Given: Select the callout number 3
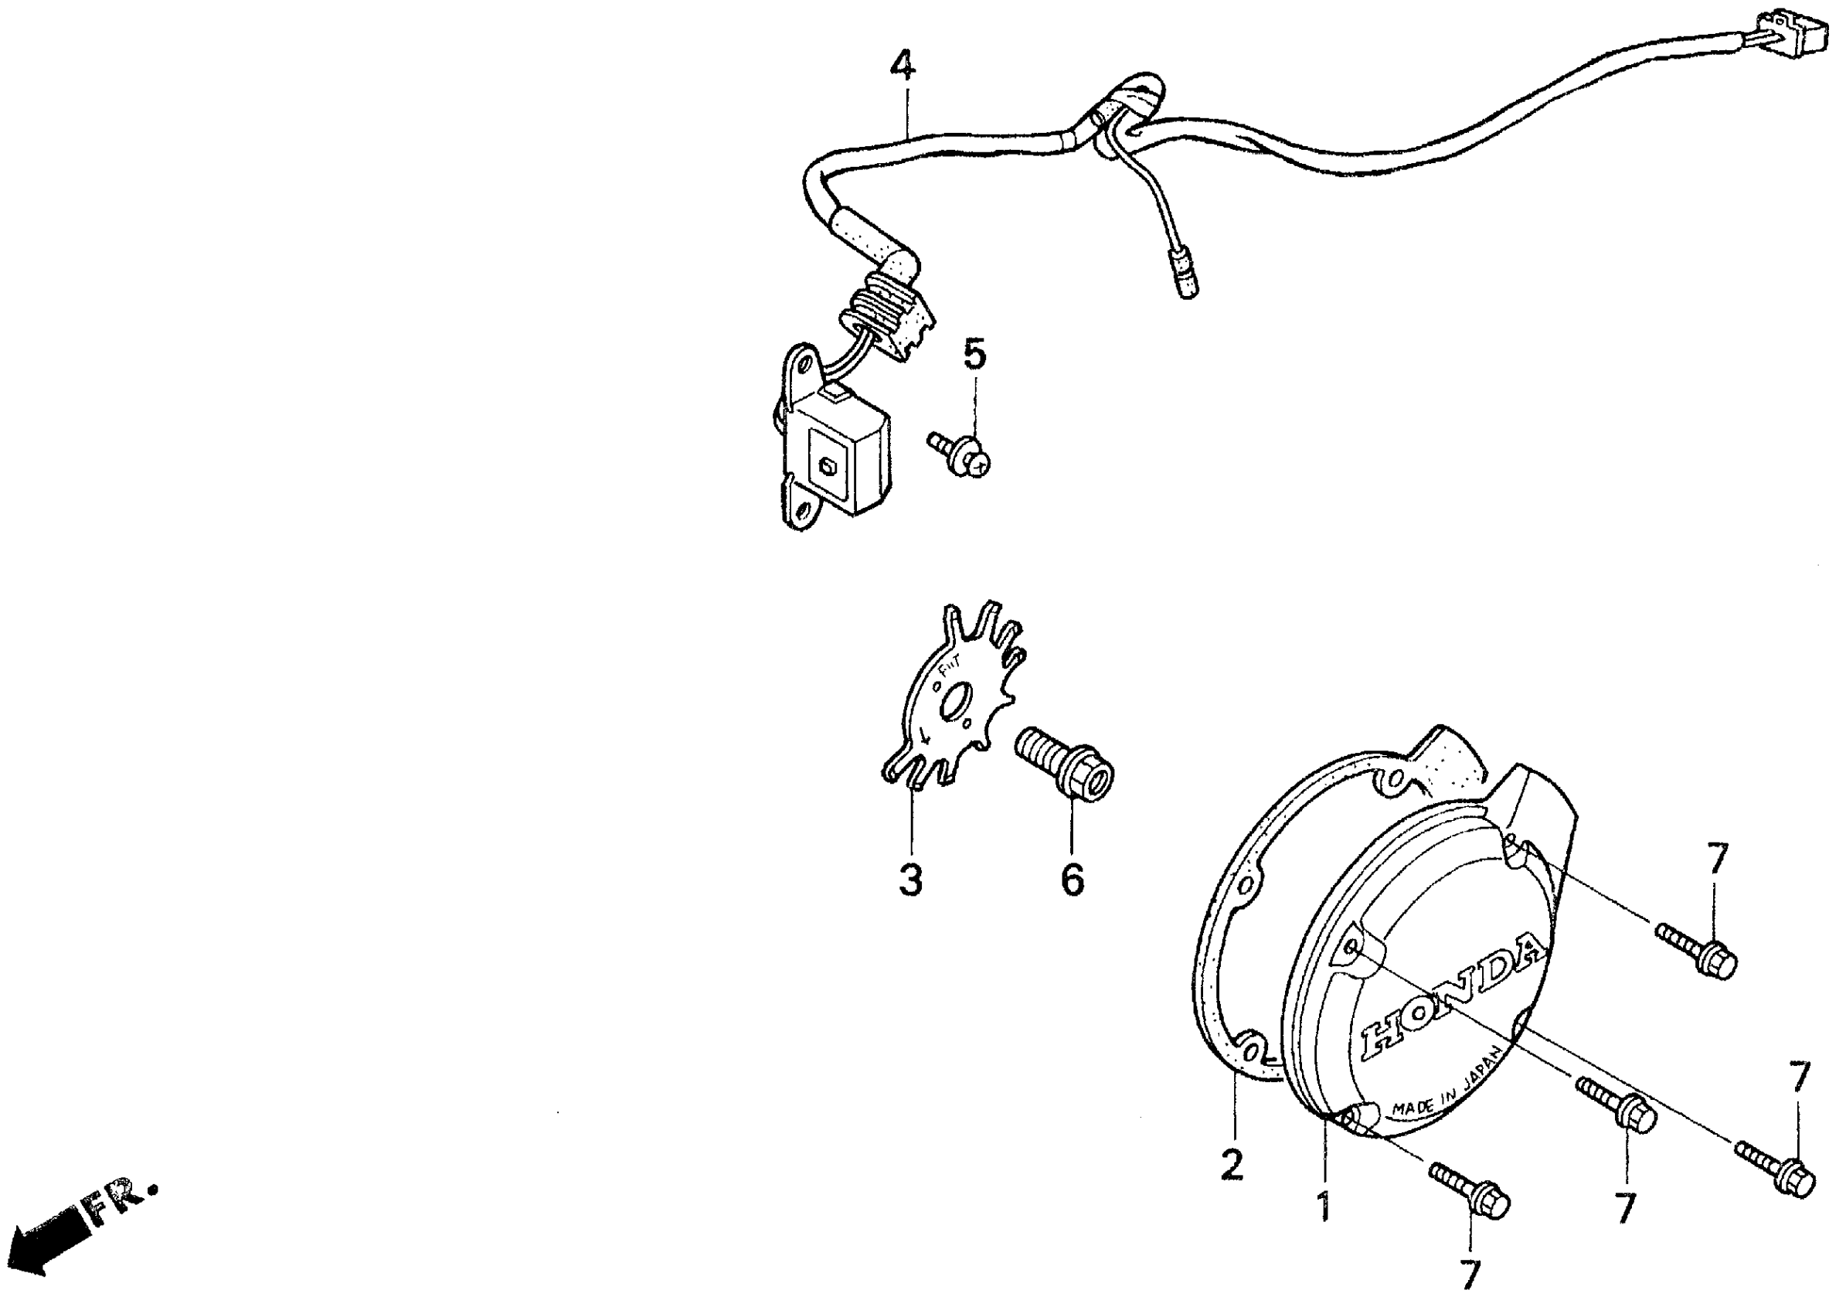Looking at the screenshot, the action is click(910, 880).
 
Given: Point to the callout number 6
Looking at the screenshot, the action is click(1071, 880).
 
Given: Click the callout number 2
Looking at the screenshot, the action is click(1231, 1166).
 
